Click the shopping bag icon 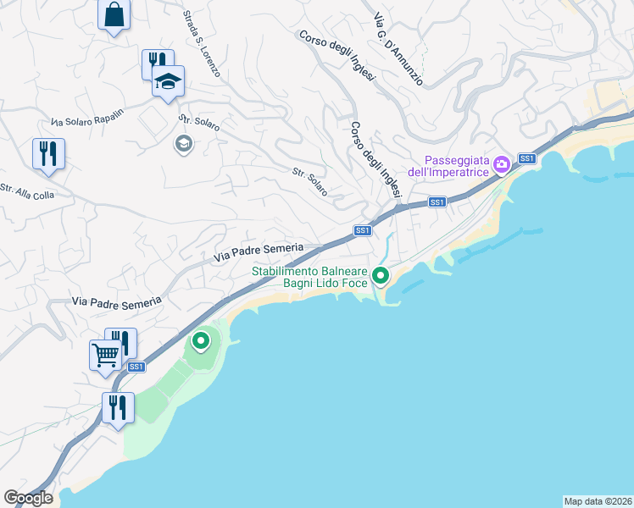coord(114,15)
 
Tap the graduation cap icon coord(168,82)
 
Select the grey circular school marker coord(182,144)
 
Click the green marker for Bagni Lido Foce coord(381,275)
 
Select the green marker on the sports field coord(201,341)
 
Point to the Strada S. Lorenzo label coord(202,44)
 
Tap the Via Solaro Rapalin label coord(87,120)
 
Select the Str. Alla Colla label coord(26,192)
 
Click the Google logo coord(28,498)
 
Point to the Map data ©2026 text coord(598,500)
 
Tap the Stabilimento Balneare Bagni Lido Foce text coord(310,276)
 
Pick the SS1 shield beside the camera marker coord(526,158)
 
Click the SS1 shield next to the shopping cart coord(136,367)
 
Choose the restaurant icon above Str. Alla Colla coord(48,153)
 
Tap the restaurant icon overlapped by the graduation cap coord(155,61)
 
